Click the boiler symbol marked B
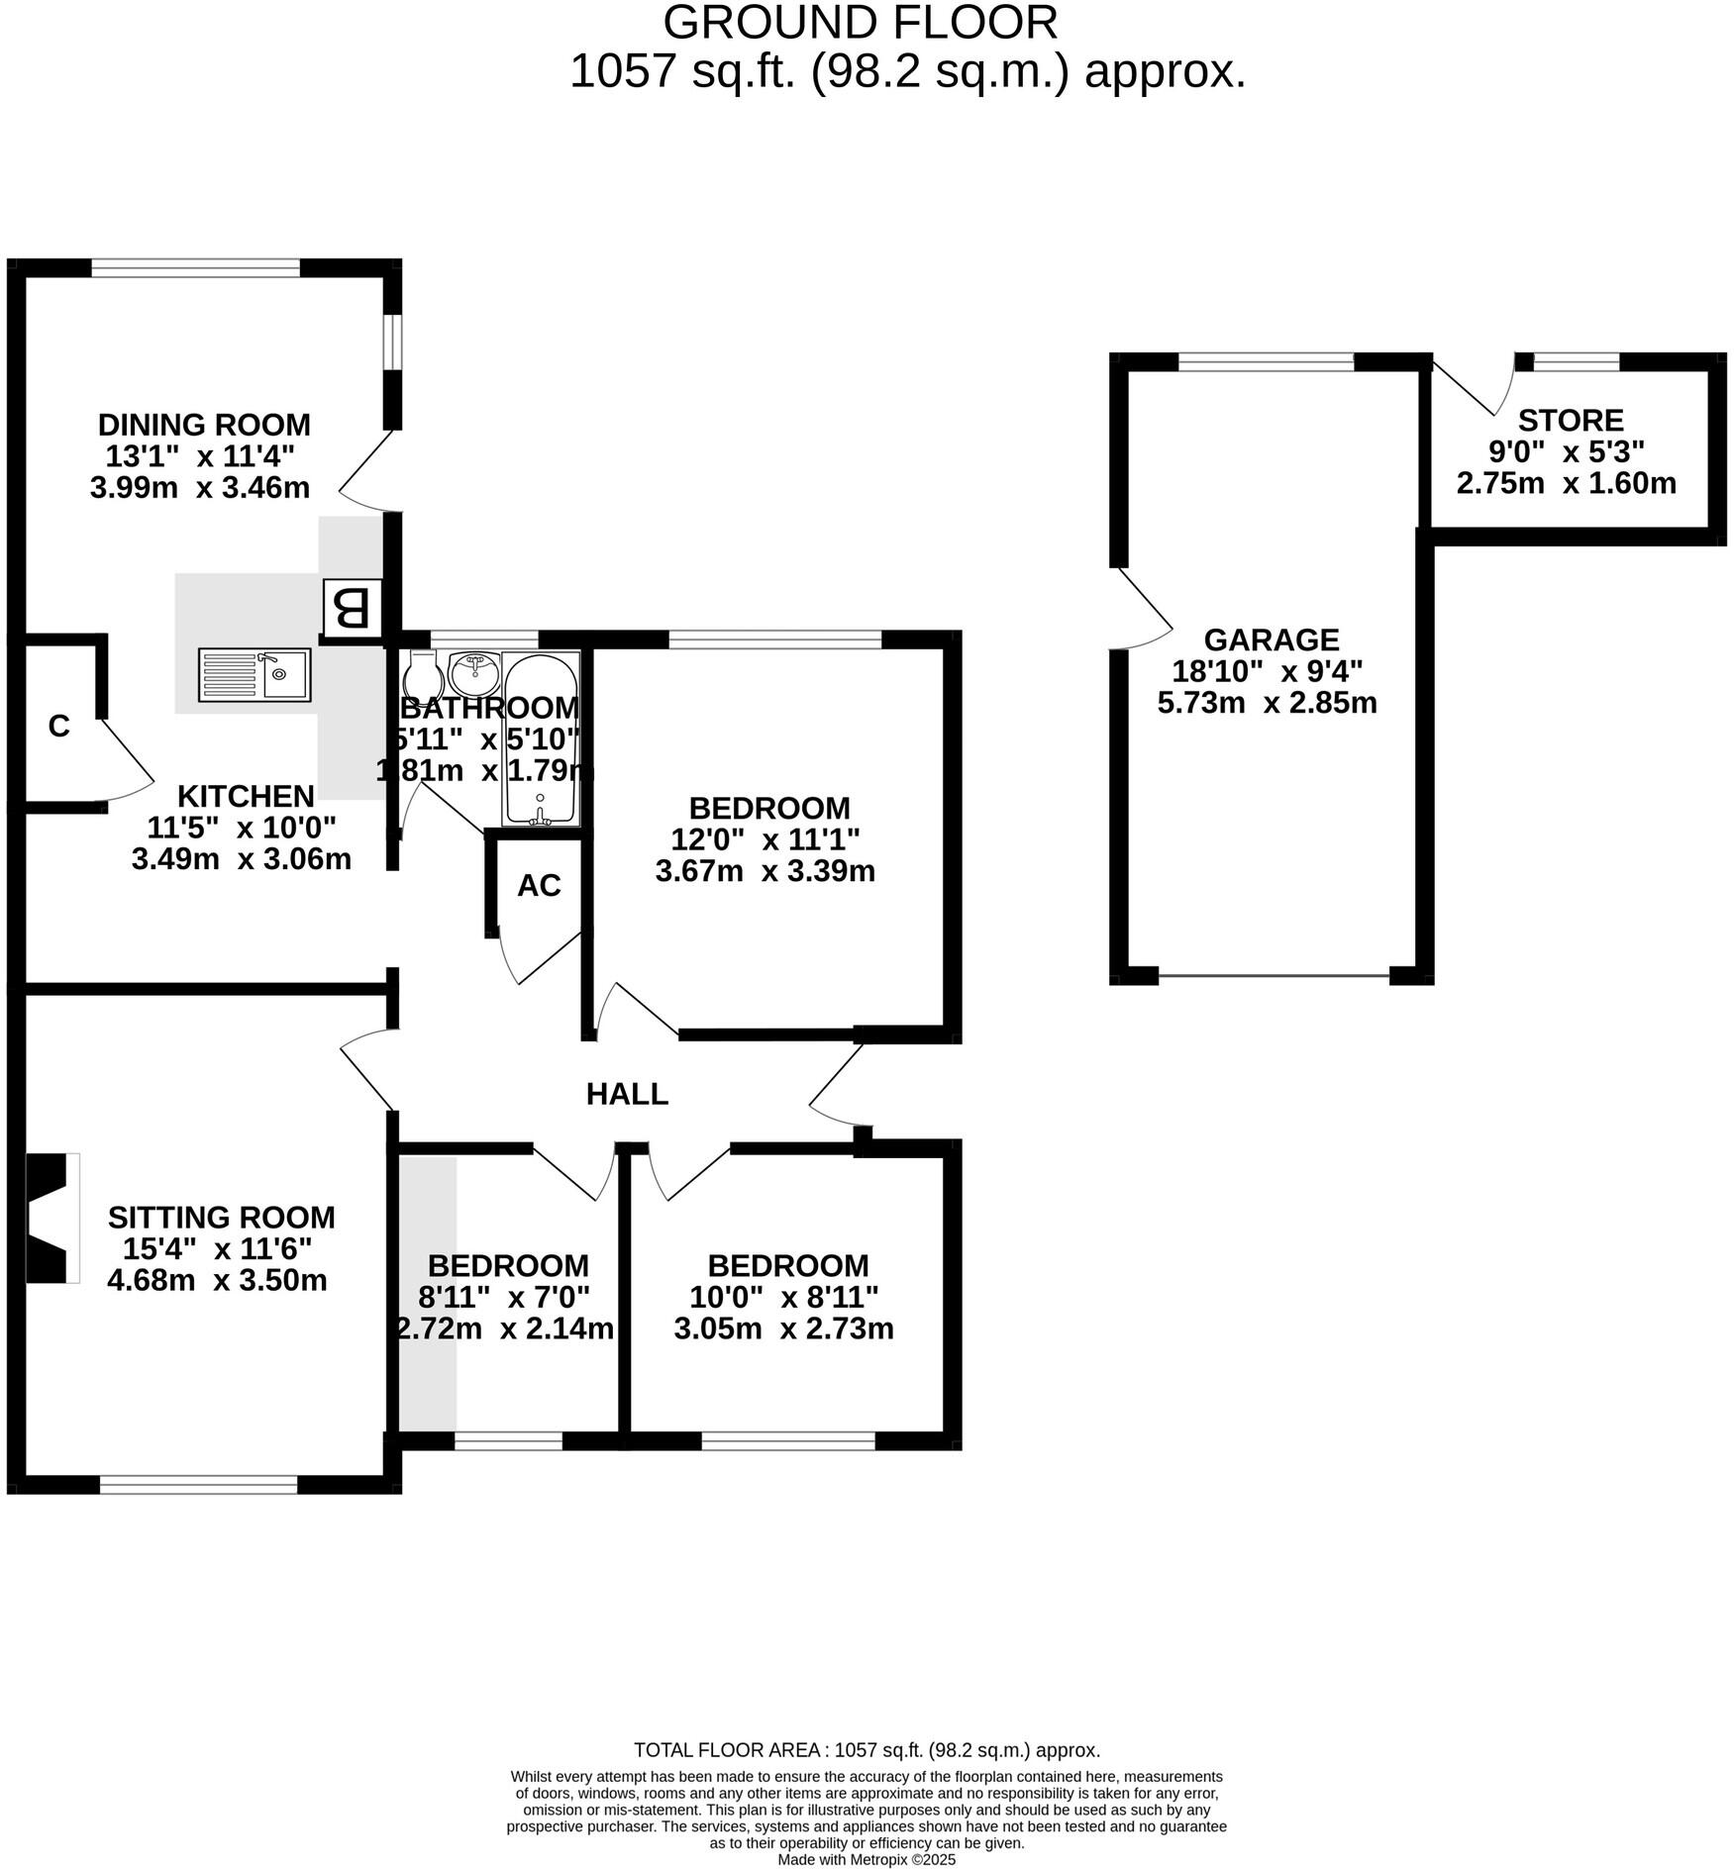coord(352,609)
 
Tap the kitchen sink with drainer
coord(255,674)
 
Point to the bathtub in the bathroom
coord(540,738)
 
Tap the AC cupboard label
coord(539,885)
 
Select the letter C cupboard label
coord(58,727)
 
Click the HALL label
coord(627,1094)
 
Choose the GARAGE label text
coord(1271,639)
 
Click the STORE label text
coord(1571,420)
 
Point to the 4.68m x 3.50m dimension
coord(217,1280)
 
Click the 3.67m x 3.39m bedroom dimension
coord(765,871)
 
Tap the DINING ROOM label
coord(204,425)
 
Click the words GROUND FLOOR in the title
coord(860,23)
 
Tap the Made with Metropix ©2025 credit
coord(867,1859)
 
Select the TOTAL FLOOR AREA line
coord(867,1750)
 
